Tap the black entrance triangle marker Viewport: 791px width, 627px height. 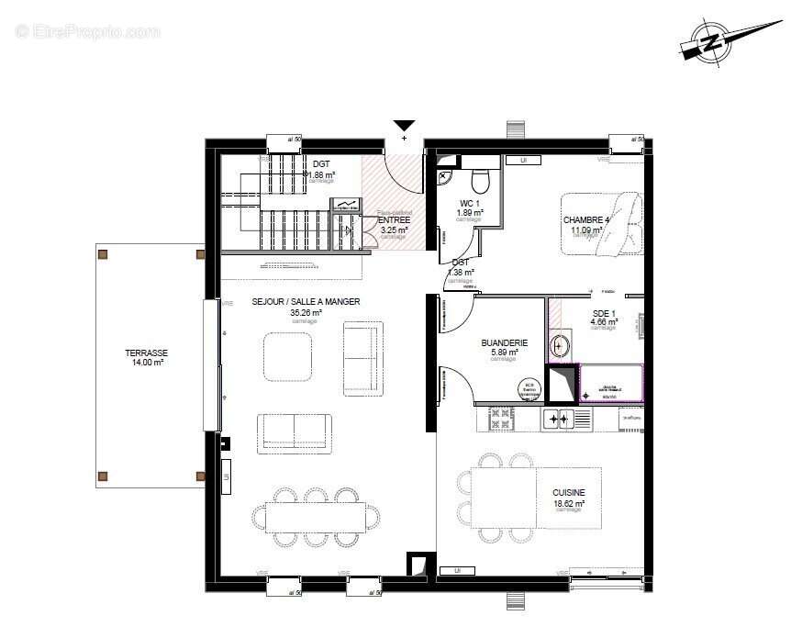click(x=404, y=127)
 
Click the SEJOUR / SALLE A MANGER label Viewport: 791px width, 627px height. click(x=306, y=301)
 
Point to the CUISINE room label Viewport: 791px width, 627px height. click(x=568, y=492)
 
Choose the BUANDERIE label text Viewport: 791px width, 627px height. click(x=504, y=343)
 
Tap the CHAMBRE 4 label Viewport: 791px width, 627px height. click(x=585, y=220)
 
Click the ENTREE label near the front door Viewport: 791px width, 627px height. click(x=394, y=220)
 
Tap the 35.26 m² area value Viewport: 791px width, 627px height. click(x=304, y=312)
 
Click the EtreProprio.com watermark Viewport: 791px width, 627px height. click(x=87, y=31)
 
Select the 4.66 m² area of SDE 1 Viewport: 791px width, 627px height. click(x=604, y=321)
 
